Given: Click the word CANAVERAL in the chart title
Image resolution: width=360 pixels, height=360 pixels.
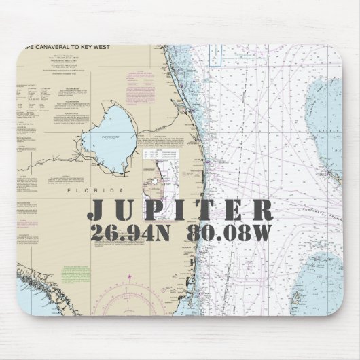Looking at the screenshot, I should coord(52,50).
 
